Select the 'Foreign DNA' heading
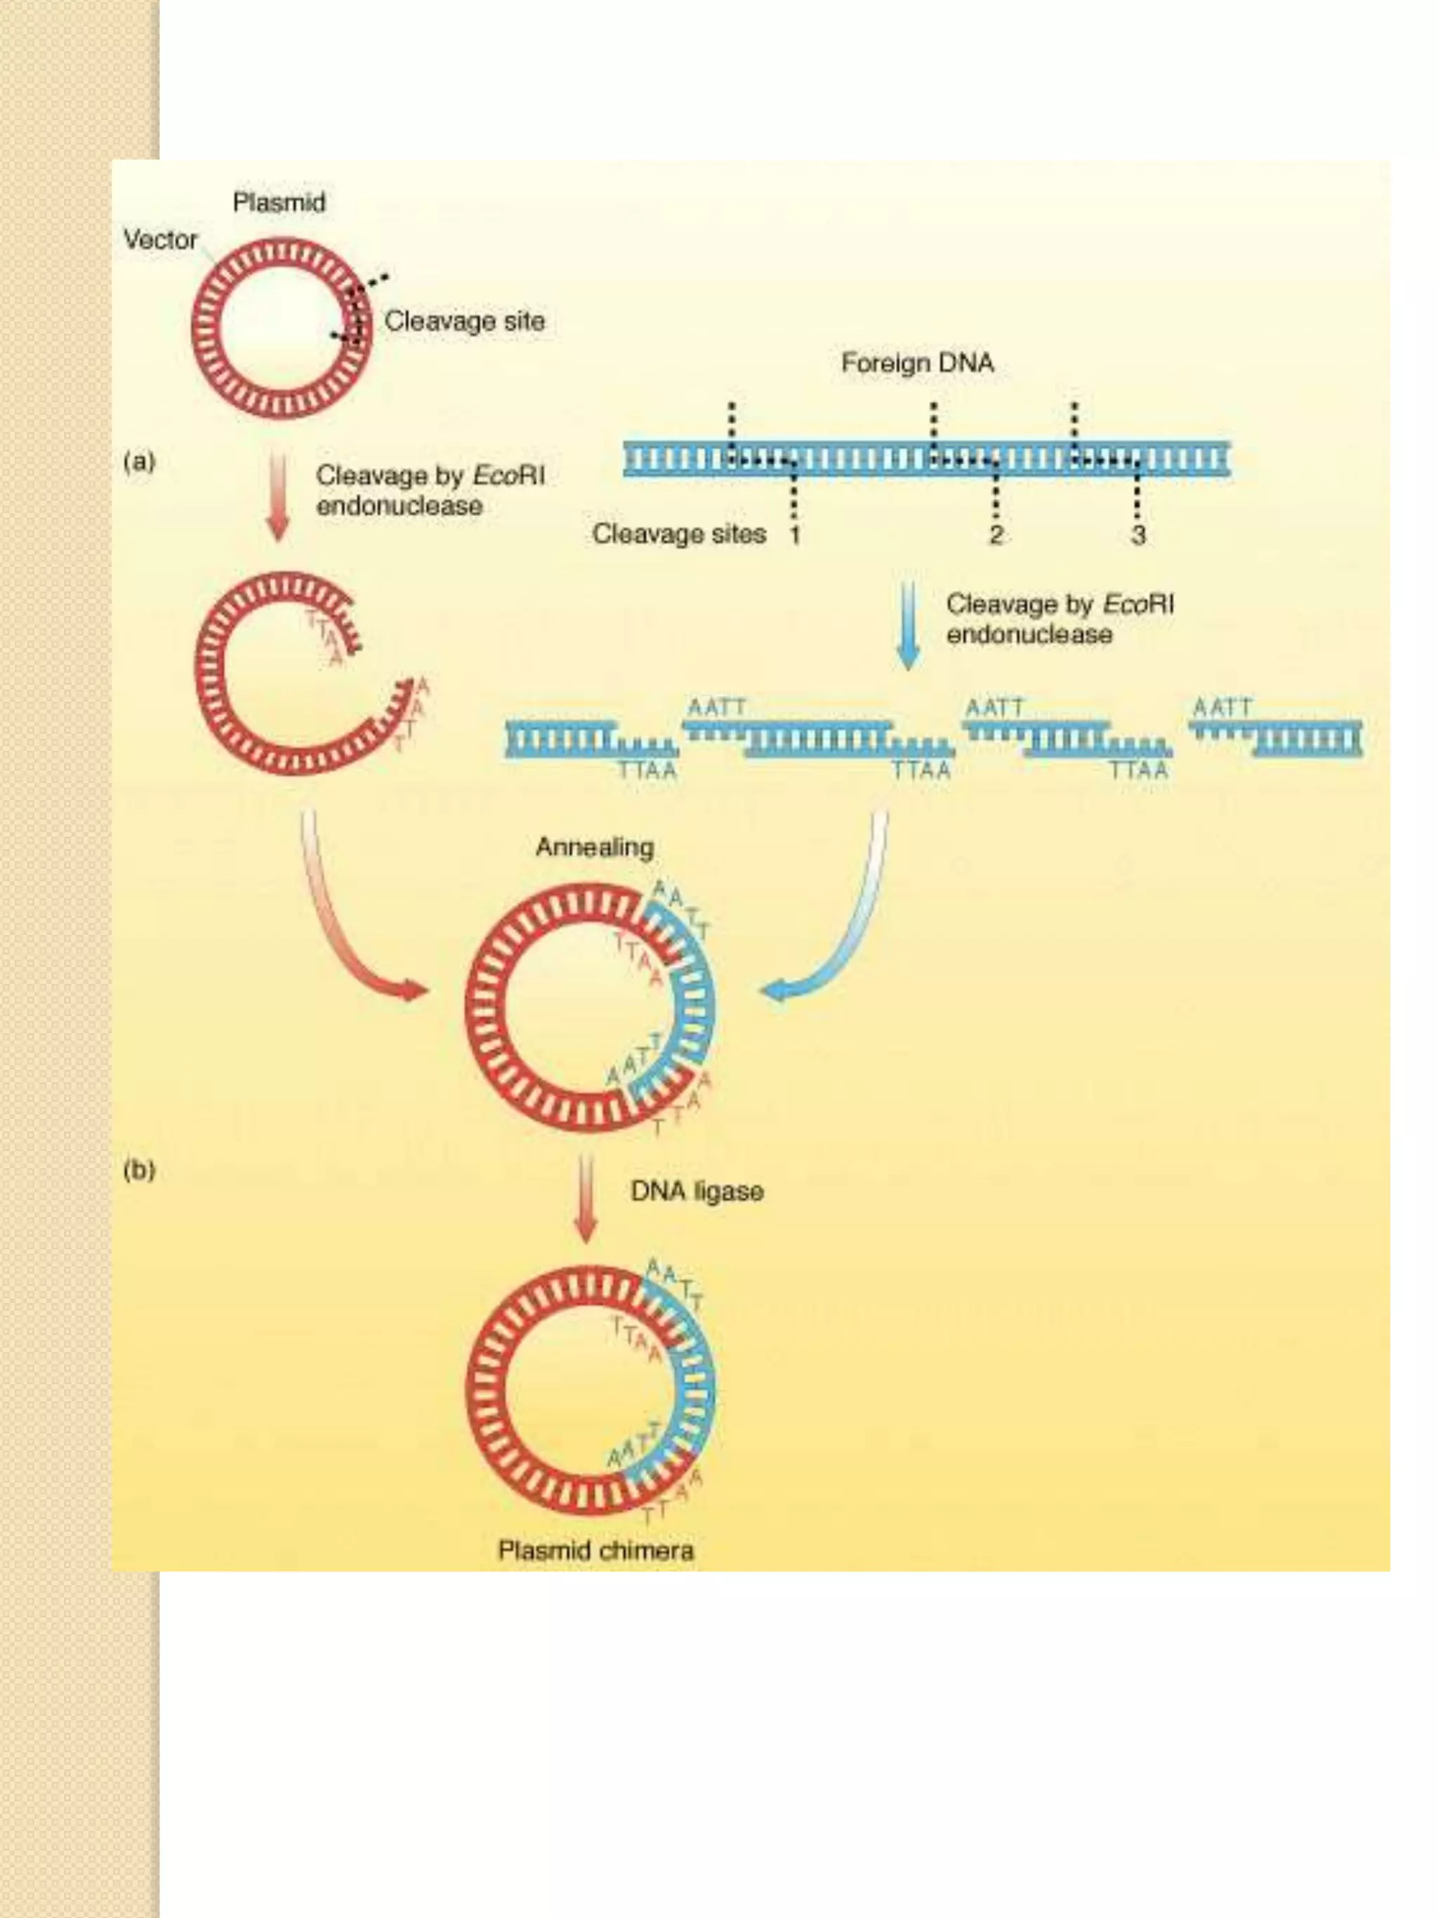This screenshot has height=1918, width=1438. (x=917, y=362)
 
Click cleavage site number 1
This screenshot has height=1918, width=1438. (x=794, y=535)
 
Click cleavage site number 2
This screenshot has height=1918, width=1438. (x=995, y=535)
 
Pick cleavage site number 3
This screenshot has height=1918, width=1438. (x=1138, y=535)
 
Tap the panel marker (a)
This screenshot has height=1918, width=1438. (x=139, y=461)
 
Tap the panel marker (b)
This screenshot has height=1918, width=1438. (x=139, y=1170)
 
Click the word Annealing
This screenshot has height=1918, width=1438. (x=595, y=847)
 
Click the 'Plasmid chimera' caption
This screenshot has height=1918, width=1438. (x=595, y=1549)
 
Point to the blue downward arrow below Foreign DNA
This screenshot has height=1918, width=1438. (x=907, y=624)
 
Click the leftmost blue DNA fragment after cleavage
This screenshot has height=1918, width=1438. (x=589, y=739)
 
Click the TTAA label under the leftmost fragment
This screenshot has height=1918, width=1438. (x=647, y=770)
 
